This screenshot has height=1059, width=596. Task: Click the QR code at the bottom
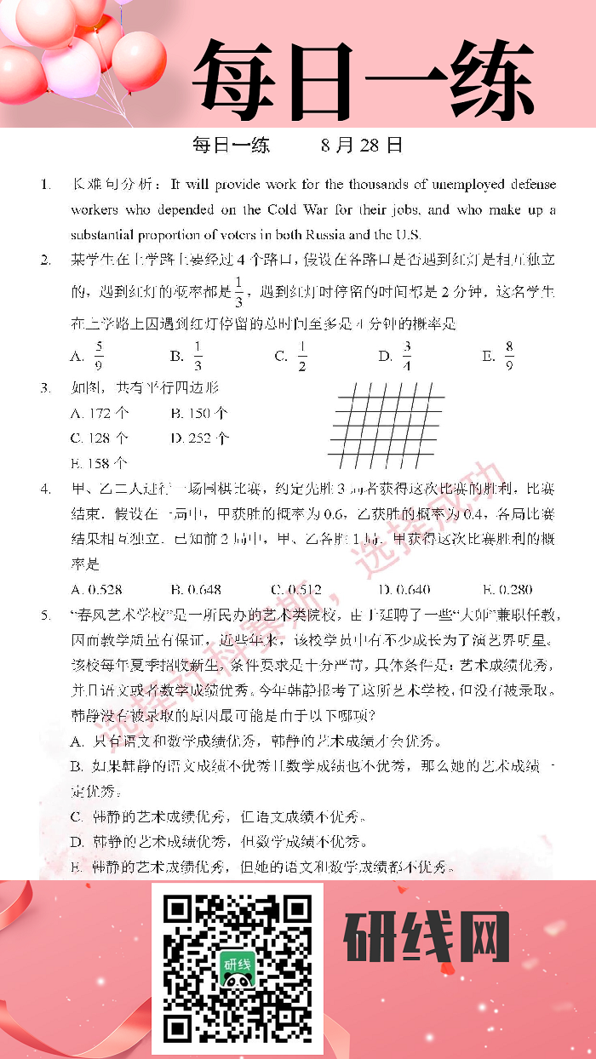click(238, 967)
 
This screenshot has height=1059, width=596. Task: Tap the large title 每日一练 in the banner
click(363, 78)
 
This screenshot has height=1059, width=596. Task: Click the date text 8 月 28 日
click(361, 146)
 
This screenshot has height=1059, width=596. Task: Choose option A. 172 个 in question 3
click(100, 413)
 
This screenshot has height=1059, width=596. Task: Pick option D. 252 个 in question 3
click(199, 438)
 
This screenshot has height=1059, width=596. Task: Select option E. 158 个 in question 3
click(100, 463)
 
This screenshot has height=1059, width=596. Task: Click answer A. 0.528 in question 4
click(97, 588)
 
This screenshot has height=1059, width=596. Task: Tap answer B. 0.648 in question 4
click(196, 588)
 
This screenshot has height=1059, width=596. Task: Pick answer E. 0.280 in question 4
click(507, 588)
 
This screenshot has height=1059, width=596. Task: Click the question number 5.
click(45, 614)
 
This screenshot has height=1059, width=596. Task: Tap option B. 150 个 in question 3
click(198, 413)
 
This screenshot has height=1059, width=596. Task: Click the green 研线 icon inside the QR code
click(238, 967)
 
